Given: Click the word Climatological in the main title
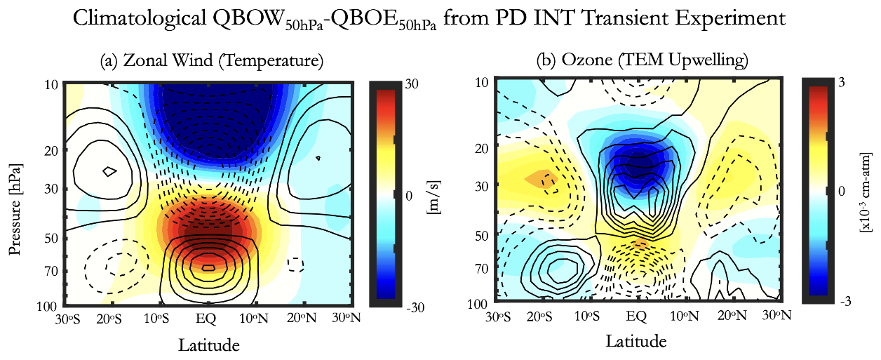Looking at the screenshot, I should coord(136,20).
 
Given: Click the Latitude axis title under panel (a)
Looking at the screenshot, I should coord(209,345).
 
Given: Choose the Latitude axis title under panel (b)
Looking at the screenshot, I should coord(636,342).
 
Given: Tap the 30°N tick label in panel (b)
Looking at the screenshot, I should coord(781,316).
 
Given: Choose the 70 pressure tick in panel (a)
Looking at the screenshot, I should coord(51,270).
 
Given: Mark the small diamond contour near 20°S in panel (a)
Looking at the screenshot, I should coord(108,171).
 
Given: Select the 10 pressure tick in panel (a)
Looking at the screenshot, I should coord(51,85).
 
